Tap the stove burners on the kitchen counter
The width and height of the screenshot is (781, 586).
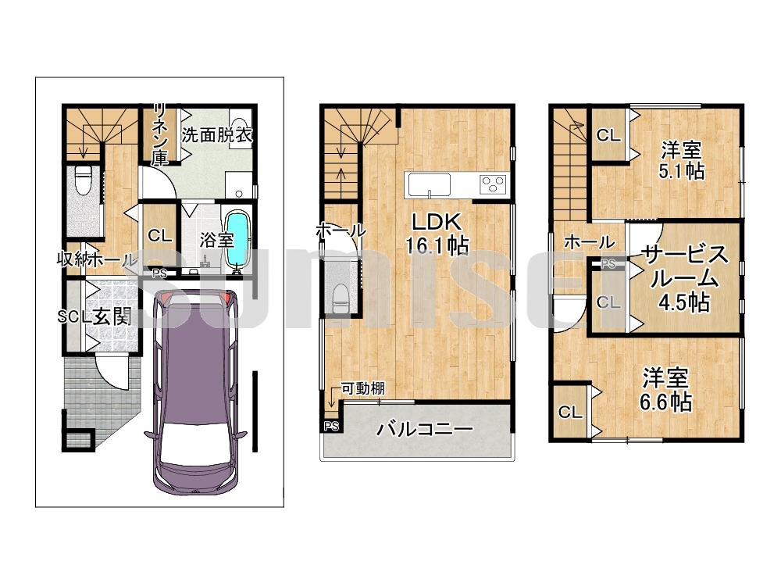[492, 184]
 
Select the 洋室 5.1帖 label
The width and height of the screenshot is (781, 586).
[681, 159]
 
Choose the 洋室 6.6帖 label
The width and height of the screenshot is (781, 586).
[666, 390]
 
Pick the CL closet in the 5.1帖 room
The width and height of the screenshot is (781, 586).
[608, 135]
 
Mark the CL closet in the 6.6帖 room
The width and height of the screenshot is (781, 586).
[571, 412]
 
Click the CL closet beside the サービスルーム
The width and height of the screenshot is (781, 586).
[608, 301]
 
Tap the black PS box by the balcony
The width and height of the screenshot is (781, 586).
[331, 426]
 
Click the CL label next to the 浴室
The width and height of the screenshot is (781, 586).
[159, 235]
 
